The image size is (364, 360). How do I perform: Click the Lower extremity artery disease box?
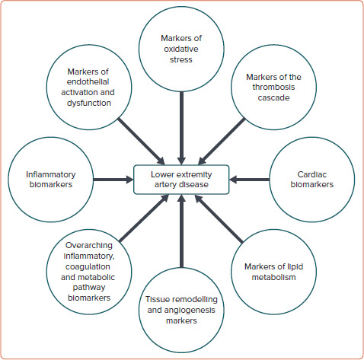(181, 180)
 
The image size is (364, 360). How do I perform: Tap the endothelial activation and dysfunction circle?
(92, 88)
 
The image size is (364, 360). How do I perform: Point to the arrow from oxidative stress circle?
(181, 122)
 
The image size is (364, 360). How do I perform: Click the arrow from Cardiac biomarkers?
(250, 180)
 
